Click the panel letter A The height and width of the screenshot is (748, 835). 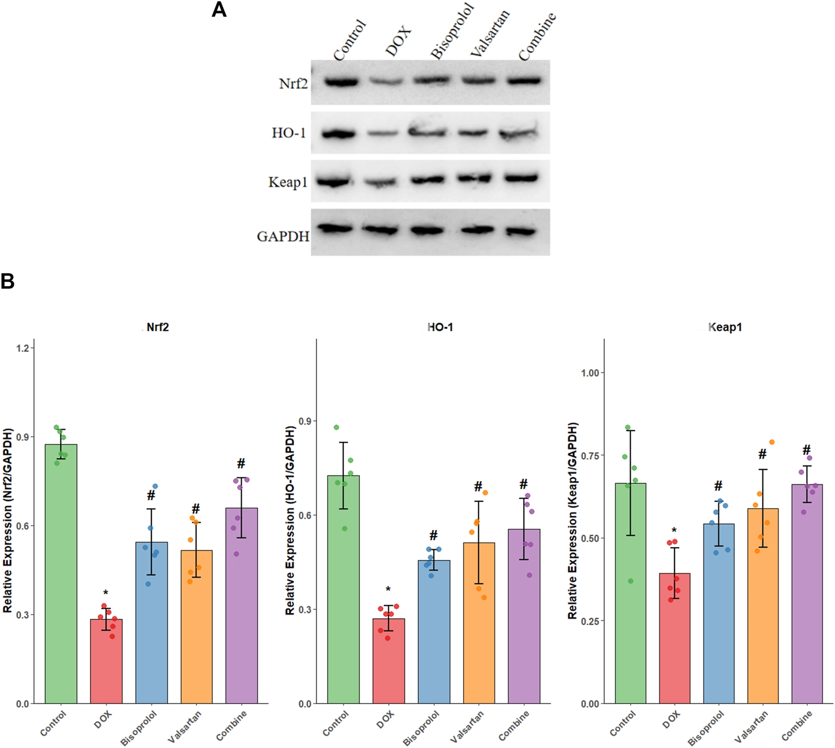219,10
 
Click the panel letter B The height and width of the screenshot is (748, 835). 8,281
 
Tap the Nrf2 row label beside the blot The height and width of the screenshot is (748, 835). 293,83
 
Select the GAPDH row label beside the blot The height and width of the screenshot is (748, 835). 283,236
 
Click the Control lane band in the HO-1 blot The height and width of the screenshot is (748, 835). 339,134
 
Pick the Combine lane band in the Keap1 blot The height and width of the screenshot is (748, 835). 523,178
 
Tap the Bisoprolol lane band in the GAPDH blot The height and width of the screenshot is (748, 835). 427,230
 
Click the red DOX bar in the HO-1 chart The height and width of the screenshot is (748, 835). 388,661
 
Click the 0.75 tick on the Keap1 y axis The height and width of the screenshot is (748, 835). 592,455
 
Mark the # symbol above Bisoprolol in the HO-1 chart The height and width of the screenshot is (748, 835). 433,536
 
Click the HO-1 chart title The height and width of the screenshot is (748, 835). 440,327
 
